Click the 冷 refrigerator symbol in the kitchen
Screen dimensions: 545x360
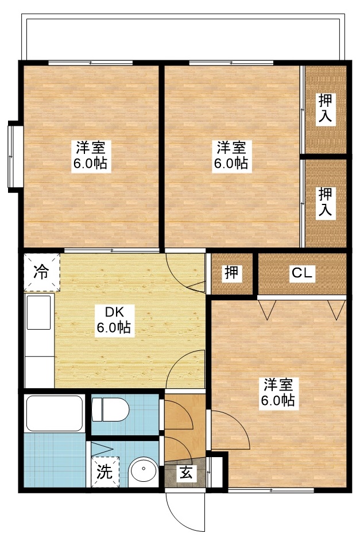coord(41,273)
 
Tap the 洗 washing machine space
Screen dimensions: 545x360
coord(104,472)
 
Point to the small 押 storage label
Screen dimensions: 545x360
coord(231,274)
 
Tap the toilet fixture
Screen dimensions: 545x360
coord(113,409)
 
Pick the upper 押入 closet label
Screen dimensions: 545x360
coord(326,108)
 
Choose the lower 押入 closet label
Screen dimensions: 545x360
coord(326,202)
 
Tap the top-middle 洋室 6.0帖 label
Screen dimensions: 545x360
coord(231,155)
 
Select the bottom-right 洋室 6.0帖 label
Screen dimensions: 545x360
coord(279,392)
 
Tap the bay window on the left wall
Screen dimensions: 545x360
coord(14,154)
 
